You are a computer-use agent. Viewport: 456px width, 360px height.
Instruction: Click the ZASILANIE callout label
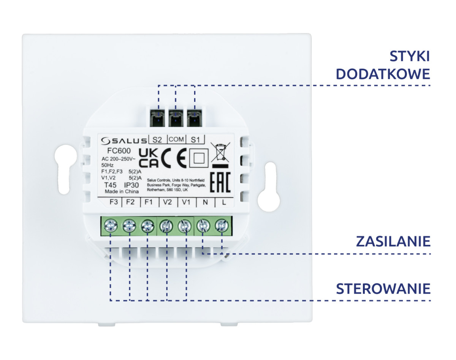click(x=393, y=242)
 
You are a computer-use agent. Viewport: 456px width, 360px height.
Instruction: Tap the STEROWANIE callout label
click(x=383, y=289)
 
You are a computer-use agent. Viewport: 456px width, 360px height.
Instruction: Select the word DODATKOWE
click(x=383, y=74)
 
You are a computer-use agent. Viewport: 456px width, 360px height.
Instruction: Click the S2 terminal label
click(x=157, y=140)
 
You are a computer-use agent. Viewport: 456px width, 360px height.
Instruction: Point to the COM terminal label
click(x=176, y=139)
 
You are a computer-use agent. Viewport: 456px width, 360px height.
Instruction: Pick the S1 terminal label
click(x=195, y=140)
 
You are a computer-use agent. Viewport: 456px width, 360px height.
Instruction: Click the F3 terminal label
click(x=114, y=202)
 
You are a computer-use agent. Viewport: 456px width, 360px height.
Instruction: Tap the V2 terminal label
click(x=167, y=202)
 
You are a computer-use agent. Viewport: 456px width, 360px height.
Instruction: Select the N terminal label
click(x=205, y=202)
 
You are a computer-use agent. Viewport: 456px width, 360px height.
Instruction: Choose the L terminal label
click(x=224, y=202)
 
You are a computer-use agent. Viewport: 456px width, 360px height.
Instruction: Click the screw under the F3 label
click(x=111, y=225)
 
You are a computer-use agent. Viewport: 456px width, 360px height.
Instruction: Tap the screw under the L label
click(x=222, y=225)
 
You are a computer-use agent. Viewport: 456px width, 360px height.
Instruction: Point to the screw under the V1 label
click(x=185, y=226)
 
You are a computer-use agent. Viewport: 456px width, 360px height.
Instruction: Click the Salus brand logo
click(x=124, y=141)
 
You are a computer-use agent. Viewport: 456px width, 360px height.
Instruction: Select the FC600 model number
click(x=119, y=151)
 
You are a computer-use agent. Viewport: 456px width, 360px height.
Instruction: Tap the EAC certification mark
click(x=220, y=182)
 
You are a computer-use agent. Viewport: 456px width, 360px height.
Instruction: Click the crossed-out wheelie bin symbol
click(x=220, y=155)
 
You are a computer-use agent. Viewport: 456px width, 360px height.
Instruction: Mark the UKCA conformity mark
click(x=149, y=158)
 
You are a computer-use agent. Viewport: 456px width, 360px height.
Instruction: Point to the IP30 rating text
click(x=131, y=185)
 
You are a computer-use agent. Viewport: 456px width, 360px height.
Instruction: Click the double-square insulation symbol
click(x=199, y=158)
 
